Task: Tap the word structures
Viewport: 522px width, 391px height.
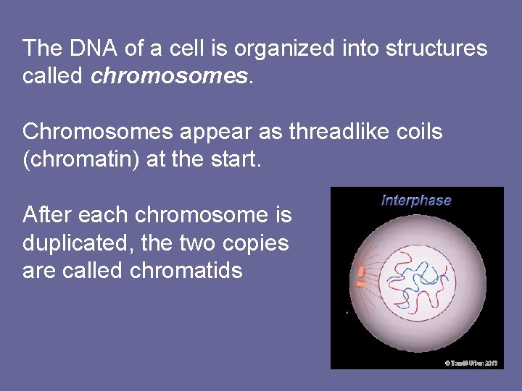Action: pyautogui.click(x=436, y=49)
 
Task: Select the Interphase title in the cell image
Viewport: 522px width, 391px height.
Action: pyautogui.click(x=416, y=201)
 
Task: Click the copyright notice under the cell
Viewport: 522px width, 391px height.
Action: pyautogui.click(x=471, y=363)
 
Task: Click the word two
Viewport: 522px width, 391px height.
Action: pyautogui.click(x=193, y=243)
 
